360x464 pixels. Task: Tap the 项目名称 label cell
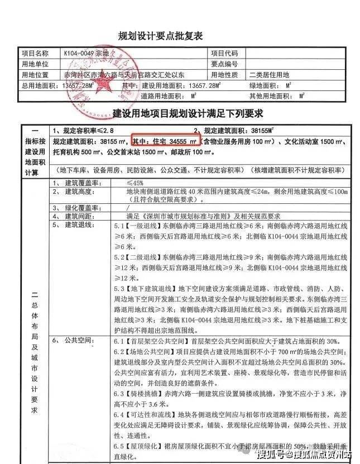tap(36, 54)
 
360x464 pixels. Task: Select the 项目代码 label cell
tap(224, 54)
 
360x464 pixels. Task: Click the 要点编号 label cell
tap(224, 64)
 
